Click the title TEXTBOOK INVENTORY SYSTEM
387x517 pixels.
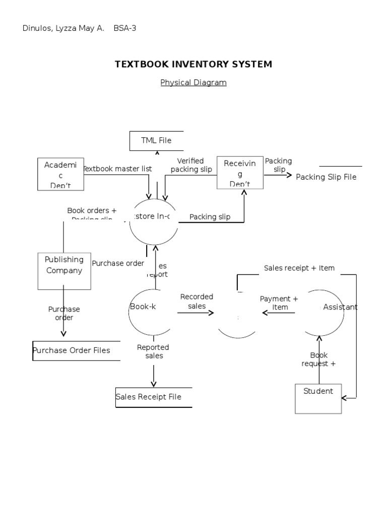click(193, 64)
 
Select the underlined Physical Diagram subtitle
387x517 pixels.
click(193, 82)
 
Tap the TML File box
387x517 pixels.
click(156, 140)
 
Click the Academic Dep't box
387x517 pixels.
click(60, 174)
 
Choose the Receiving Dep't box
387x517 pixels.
click(240, 173)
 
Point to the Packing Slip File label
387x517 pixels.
click(326, 177)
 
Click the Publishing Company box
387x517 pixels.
click(64, 271)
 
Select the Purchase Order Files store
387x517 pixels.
click(76, 350)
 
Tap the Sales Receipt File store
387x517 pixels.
click(153, 397)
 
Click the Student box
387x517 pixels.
click(318, 398)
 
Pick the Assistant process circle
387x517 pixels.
click(325, 312)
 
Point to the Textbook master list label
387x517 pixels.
click(117, 169)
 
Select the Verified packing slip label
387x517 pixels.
click(191, 165)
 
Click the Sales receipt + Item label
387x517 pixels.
click(299, 268)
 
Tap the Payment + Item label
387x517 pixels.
click(279, 303)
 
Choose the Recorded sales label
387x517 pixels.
click(197, 301)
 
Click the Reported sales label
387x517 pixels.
click(153, 351)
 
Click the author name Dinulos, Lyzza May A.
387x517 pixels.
click(63, 28)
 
